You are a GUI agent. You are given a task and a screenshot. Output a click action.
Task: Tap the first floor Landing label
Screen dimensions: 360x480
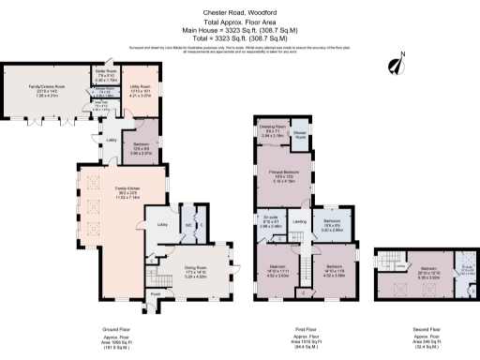tap(299, 220)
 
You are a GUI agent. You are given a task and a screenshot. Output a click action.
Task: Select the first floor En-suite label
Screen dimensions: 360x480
tap(270, 224)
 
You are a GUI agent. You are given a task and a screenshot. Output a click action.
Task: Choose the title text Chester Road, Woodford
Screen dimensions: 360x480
tap(240, 11)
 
